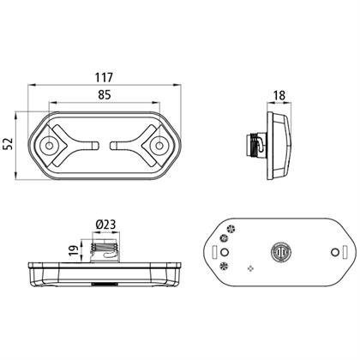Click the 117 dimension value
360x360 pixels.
(105, 77)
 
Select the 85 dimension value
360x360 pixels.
(105, 94)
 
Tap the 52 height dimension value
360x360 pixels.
(9, 144)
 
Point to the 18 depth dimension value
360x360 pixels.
(279, 95)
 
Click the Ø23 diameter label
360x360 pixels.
(105, 225)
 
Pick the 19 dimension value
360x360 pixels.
(74, 250)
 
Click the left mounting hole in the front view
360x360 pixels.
(50, 146)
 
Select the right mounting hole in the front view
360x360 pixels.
(159, 146)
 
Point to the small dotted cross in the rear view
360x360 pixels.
(250, 268)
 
